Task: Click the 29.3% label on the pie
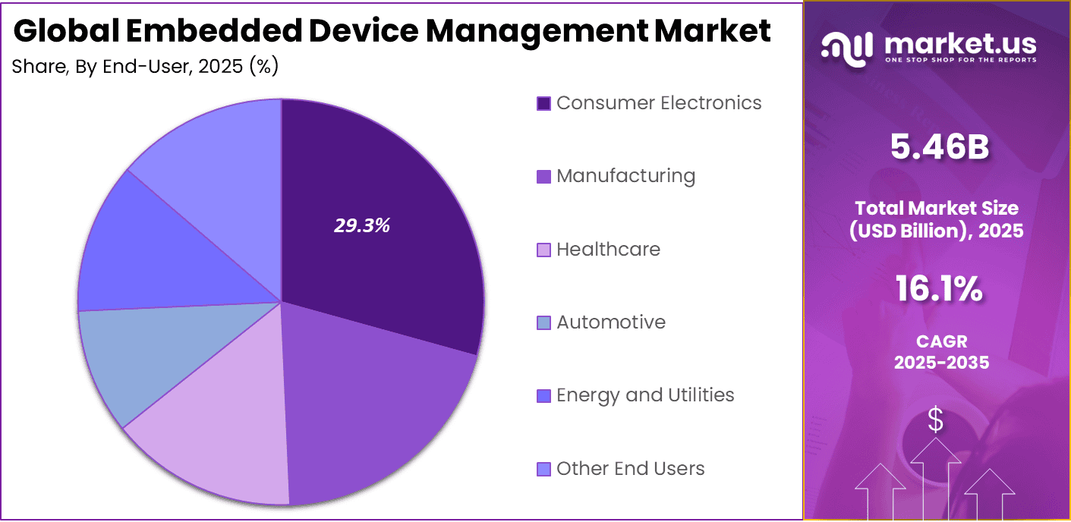[x=362, y=225]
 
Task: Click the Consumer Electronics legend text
[x=658, y=103]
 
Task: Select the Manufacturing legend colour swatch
[x=543, y=177]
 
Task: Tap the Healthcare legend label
[x=608, y=250]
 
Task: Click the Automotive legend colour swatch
[x=543, y=323]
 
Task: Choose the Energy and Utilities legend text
[x=645, y=395]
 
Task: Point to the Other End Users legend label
[x=630, y=469]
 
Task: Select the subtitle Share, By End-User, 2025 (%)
[x=145, y=67]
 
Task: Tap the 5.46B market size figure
[x=940, y=148]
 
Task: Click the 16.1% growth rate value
[x=939, y=289]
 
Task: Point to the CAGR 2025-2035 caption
[x=941, y=353]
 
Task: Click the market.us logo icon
[x=846, y=49]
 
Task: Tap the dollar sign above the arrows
[x=936, y=420]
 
